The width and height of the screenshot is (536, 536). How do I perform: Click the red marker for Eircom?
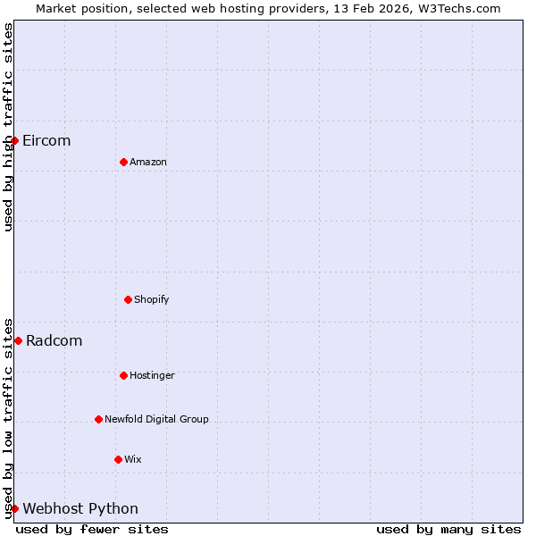[x=14, y=140]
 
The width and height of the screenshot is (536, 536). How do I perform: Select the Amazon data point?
[x=123, y=162]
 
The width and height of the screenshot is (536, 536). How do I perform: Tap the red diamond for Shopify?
[x=128, y=299]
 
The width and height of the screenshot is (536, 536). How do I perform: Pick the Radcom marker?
[x=18, y=340]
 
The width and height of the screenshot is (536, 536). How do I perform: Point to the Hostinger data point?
[x=123, y=375]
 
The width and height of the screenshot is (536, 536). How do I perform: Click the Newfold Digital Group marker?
[x=98, y=419]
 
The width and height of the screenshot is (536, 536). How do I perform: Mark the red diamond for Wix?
[x=118, y=459]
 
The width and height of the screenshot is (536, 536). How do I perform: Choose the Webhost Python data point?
[x=14, y=508]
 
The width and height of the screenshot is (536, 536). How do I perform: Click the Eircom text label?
[x=46, y=141]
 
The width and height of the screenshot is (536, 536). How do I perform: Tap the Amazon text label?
[x=148, y=162]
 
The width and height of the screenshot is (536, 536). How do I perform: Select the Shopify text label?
[x=152, y=299]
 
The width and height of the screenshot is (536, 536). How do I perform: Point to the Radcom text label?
[x=54, y=341]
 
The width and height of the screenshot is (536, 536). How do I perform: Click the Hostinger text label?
[x=152, y=375]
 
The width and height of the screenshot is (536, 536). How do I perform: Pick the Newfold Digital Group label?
[x=156, y=419]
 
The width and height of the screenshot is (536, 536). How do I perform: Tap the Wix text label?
[x=133, y=459]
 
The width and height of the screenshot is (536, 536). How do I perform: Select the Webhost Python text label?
[x=80, y=509]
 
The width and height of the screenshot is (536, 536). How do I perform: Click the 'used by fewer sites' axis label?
[x=92, y=530]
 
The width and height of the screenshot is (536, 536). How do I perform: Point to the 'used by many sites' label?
[x=448, y=530]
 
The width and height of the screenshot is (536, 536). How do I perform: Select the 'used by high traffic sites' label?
[x=8, y=127]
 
